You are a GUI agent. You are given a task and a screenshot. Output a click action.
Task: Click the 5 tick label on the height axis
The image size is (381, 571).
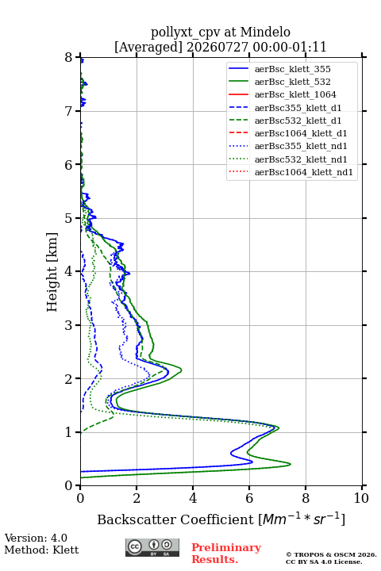point(69,218)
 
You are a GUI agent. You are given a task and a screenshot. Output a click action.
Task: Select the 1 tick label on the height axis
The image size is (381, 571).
point(69,432)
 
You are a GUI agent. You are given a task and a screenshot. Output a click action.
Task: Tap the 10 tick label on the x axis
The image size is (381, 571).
point(361,498)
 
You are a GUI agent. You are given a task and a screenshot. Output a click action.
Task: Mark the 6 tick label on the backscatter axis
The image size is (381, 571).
point(249,498)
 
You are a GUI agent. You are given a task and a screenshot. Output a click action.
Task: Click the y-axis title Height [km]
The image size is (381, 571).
point(52,272)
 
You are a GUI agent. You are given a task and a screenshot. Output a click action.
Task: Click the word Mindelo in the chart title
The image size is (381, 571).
point(265,32)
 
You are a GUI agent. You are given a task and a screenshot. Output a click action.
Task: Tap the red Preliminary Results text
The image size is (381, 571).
point(226,553)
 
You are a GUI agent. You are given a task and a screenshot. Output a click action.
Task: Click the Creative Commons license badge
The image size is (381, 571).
point(152,547)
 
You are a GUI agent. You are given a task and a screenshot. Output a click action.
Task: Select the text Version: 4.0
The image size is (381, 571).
point(36,538)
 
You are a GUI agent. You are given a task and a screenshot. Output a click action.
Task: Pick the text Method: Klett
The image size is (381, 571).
point(41,550)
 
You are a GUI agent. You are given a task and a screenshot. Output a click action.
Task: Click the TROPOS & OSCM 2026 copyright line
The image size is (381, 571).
point(331,554)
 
